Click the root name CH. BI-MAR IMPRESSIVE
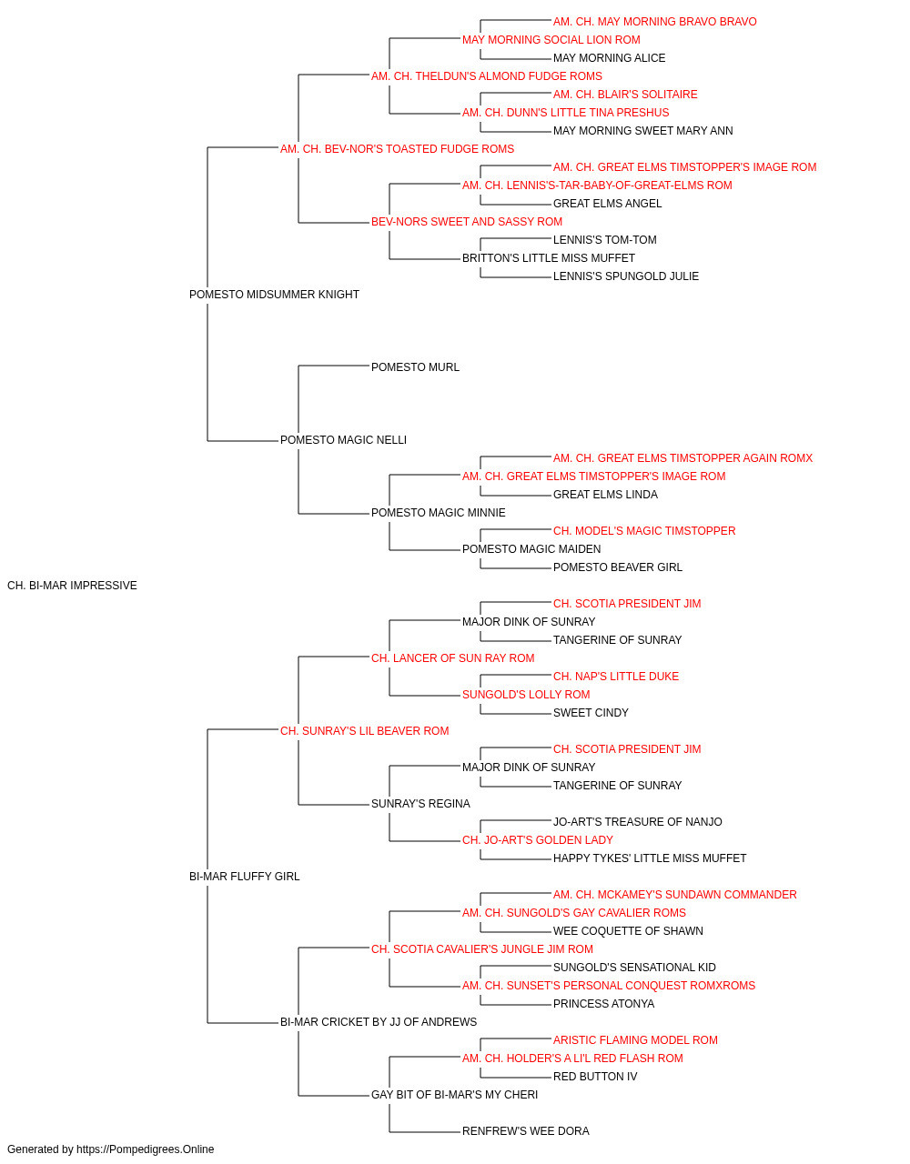tap(73, 586)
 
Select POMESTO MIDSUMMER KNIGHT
tap(274, 295)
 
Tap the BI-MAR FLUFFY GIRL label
tap(245, 877)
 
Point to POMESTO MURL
tap(415, 367)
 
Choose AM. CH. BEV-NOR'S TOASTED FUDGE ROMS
tap(397, 149)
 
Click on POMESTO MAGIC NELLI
tap(344, 440)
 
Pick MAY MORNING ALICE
tap(610, 58)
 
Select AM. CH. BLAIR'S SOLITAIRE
tap(625, 95)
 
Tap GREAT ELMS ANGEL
tap(607, 204)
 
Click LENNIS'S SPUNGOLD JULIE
tap(626, 276)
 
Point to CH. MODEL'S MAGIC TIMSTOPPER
tap(644, 531)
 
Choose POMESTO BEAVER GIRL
tap(618, 567)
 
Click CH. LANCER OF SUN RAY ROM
tap(453, 658)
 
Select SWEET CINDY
tap(591, 713)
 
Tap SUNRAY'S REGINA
tap(420, 804)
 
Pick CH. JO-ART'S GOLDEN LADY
tap(538, 840)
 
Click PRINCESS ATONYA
tap(603, 1004)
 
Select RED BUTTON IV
tap(595, 1077)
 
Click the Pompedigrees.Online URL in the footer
tap(146, 1149)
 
